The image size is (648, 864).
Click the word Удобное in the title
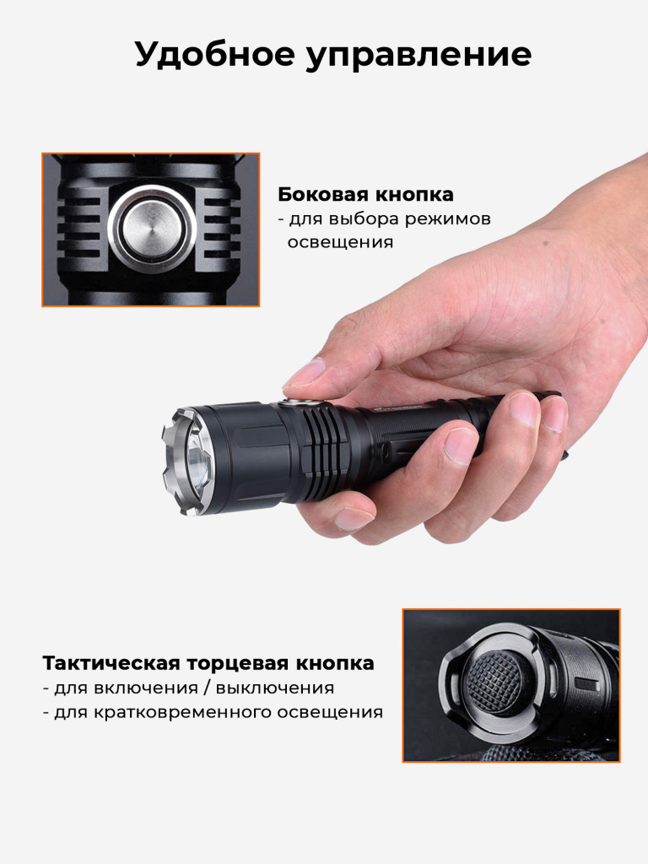(215, 55)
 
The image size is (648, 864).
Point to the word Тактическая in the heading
(111, 663)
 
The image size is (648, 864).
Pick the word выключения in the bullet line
(274, 688)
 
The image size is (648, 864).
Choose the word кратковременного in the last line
(182, 712)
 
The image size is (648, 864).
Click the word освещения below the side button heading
(341, 242)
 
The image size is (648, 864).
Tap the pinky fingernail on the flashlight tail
(553, 414)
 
